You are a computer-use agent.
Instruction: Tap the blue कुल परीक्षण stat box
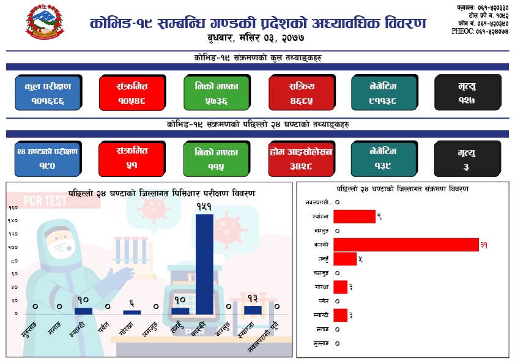[x=48, y=92]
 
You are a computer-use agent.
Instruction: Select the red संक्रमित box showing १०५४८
[x=132, y=92]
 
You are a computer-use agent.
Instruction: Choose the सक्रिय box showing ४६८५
[x=300, y=92]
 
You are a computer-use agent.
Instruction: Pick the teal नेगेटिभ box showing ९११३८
[x=383, y=92]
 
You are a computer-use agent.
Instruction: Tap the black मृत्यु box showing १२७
[x=466, y=92]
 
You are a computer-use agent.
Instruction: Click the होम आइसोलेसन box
[x=300, y=158]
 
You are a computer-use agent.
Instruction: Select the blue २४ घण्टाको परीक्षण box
[x=48, y=158]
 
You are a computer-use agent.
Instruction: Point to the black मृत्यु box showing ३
[x=466, y=158]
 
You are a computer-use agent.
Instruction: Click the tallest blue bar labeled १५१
[x=204, y=263]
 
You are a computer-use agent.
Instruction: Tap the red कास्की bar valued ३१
[x=406, y=245]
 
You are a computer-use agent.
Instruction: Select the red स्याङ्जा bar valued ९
[x=355, y=216]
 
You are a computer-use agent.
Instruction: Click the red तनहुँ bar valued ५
[x=346, y=259]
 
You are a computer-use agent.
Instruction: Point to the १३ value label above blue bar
[x=253, y=298]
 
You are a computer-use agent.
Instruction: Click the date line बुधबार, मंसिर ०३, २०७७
[x=256, y=39]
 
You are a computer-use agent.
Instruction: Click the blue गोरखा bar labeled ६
[x=132, y=312]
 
